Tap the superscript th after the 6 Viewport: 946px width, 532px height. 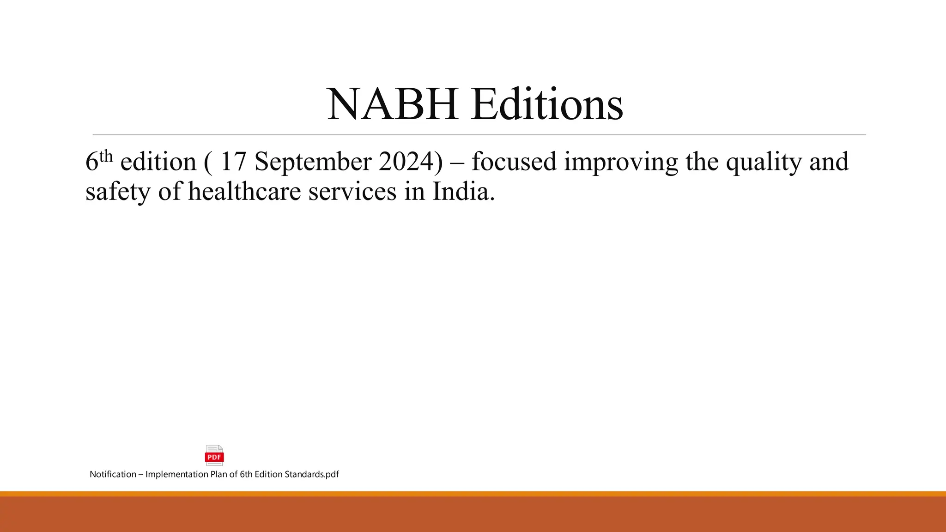[106, 157]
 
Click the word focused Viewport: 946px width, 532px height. [514, 162]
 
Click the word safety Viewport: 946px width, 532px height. [118, 191]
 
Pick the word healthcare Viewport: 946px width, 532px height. [244, 191]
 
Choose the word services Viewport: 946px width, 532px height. [352, 191]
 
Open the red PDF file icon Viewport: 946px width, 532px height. [214, 455]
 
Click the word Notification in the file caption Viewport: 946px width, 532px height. [113, 474]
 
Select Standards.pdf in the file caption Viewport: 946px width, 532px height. [312, 474]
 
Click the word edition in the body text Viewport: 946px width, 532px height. [158, 162]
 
